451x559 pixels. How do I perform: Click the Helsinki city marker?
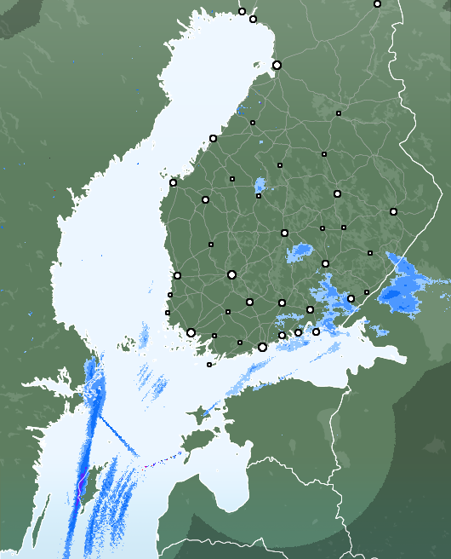pos(262,347)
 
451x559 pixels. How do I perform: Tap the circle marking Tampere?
pos(231,274)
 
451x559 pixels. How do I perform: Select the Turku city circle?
pos(191,332)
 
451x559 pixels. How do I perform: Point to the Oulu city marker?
pos(277,65)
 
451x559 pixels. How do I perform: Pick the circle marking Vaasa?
pos(173,182)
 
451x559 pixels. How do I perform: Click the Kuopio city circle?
pos(337,194)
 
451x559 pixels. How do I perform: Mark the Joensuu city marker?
pos(393,211)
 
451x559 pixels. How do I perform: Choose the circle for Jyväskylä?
pos(284,233)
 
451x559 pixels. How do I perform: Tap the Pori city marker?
pos(177,275)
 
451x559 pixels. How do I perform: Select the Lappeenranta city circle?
pos(351,298)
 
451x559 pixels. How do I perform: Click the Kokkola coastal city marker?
pos(213,138)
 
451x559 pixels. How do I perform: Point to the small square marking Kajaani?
pos(339,112)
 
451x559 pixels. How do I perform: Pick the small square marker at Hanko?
pos(209,365)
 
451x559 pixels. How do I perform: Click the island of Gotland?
pos(94,481)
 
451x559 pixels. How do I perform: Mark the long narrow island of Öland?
pos(38,511)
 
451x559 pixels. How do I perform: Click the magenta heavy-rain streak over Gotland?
pos(80,490)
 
